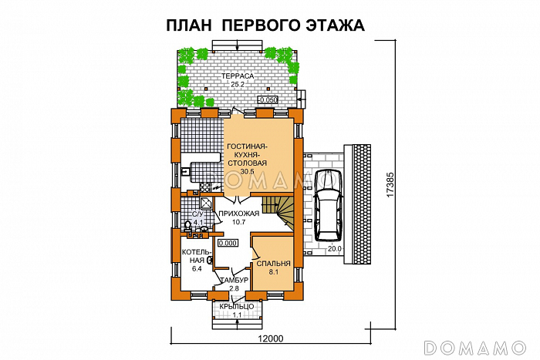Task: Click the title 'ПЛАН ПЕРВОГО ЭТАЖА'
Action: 265,25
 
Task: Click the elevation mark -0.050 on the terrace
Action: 267,100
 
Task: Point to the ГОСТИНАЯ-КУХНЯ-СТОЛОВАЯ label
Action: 247,154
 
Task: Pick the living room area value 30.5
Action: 246,172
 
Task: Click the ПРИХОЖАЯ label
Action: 236,214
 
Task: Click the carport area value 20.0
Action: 333,248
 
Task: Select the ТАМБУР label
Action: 233,279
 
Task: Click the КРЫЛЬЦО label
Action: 235,307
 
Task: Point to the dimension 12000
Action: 269,339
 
